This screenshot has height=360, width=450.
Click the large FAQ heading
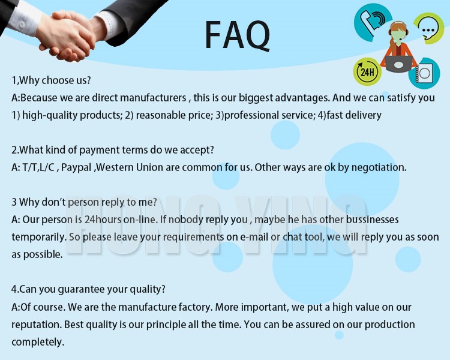238,35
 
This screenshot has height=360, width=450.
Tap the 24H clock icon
367,71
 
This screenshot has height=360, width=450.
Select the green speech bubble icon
428,28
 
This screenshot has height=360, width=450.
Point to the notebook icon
424,73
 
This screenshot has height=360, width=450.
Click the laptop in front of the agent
398,64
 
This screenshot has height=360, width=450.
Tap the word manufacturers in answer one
153,98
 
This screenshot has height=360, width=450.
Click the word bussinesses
372,220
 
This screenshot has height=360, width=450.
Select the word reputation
36,325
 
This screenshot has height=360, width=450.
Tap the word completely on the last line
38,342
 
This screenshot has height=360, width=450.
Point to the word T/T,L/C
38,167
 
